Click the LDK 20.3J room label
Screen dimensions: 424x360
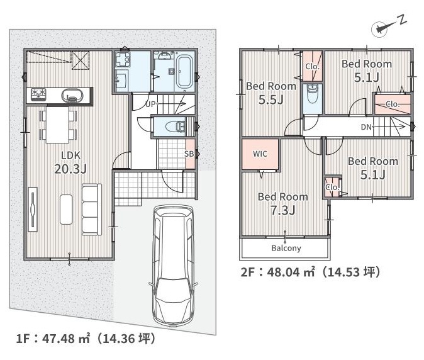point(70,162)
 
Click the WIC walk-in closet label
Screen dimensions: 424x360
point(260,154)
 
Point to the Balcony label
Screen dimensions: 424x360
point(286,248)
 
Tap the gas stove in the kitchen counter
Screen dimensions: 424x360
point(38,94)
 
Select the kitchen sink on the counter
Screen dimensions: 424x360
point(71,96)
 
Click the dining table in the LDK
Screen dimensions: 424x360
point(58,125)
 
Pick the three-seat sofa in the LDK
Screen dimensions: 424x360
point(92,210)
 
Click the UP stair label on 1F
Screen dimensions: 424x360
point(150,104)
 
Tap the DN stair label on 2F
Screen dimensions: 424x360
point(366,127)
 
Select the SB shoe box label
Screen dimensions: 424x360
point(189,154)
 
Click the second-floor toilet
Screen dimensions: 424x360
point(313,94)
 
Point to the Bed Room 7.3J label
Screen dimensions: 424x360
point(283,204)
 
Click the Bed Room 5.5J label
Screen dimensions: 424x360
point(271,93)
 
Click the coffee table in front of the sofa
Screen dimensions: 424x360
point(66,210)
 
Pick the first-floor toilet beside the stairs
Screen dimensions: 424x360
point(176,127)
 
